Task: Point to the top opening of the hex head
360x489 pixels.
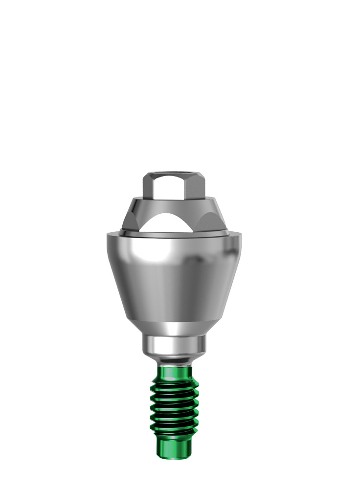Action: coord(174,173)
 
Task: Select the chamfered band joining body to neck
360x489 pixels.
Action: coord(174,327)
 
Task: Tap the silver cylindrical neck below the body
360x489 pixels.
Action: coord(174,345)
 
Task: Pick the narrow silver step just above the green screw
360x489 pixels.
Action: coord(174,361)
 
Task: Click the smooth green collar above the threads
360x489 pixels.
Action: coord(174,374)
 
